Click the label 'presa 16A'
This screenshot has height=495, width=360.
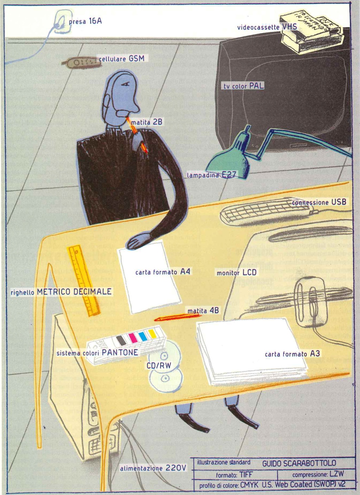[x=85, y=21]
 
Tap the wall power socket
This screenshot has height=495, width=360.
[x=62, y=21]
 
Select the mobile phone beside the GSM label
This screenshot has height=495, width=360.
[x=79, y=62]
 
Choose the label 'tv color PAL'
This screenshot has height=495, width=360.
[x=244, y=85]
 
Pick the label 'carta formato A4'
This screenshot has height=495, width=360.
[x=163, y=272]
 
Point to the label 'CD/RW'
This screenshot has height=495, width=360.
[x=159, y=366]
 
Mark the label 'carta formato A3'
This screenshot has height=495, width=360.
[x=292, y=354]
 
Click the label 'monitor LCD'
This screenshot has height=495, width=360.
[x=236, y=273]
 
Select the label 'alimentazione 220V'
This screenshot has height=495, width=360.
[x=153, y=468]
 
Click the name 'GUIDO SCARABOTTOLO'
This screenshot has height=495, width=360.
[x=299, y=463]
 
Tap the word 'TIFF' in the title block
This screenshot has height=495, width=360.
[x=246, y=475]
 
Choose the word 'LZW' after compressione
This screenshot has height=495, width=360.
[x=337, y=474]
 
